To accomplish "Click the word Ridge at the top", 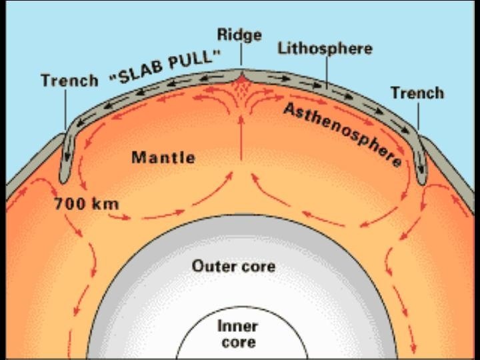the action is pos(239,35).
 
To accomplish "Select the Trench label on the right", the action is pos(417,92).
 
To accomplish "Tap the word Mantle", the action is pos(163,158).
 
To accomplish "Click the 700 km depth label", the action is pos(86,203).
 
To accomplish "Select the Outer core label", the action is pos(234,267).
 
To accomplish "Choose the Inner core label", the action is pos(238,334).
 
